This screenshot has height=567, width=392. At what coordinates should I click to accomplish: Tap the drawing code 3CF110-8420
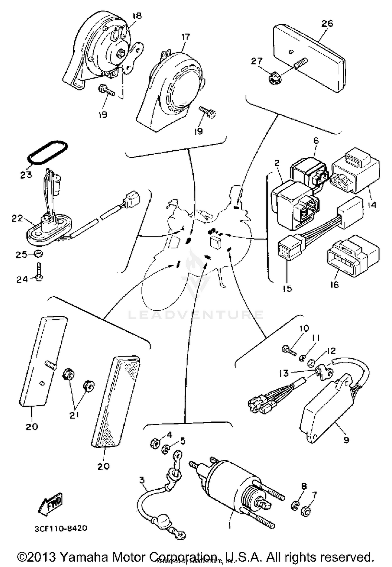click(x=61, y=528)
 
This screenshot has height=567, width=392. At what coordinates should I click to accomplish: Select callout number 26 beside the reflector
click(x=327, y=24)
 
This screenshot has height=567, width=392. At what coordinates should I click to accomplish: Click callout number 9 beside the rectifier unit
click(x=346, y=440)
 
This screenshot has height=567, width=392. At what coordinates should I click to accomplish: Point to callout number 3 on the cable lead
click(x=142, y=480)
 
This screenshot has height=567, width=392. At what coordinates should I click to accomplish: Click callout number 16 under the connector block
click(x=334, y=284)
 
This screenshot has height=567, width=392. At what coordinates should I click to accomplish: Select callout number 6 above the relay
click(x=316, y=141)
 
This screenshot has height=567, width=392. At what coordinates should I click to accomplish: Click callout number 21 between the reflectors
click(x=74, y=415)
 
